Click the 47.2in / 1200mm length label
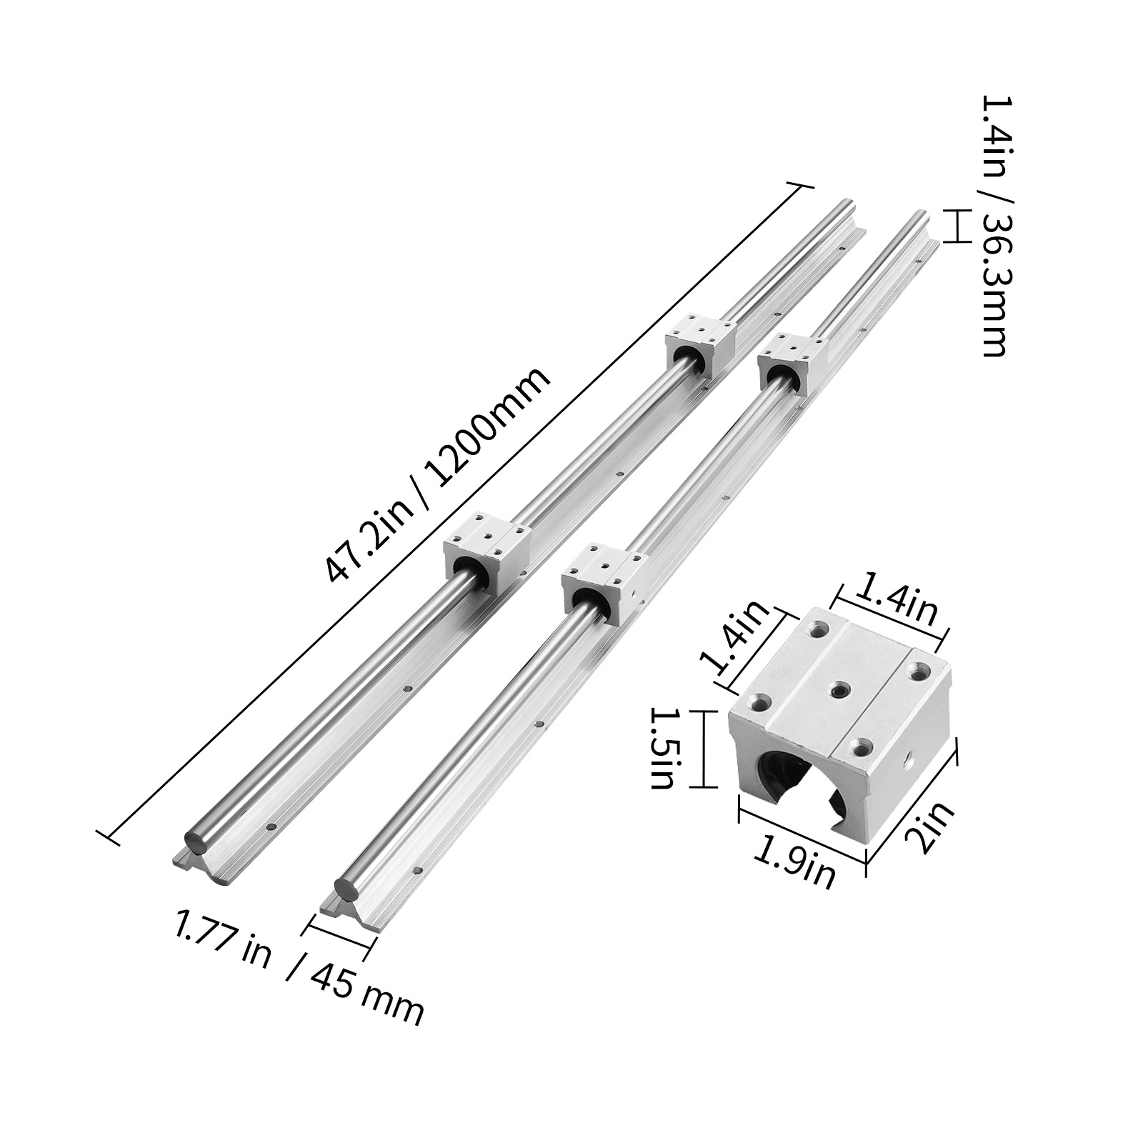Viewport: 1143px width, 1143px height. point(437,476)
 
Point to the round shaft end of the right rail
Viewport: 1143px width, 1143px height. point(350,893)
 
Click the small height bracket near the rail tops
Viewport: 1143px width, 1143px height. point(952,225)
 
